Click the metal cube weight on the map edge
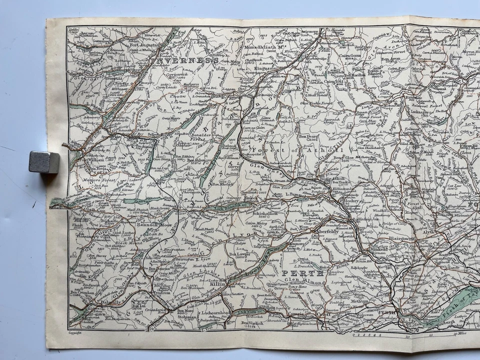click(x=44, y=162)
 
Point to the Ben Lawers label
click(x=239, y=254)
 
